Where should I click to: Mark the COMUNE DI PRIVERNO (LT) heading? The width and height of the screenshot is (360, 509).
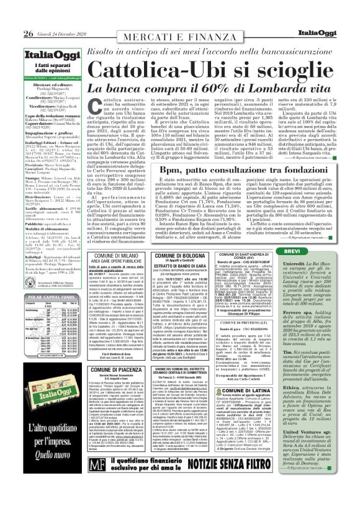pos(241,322)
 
